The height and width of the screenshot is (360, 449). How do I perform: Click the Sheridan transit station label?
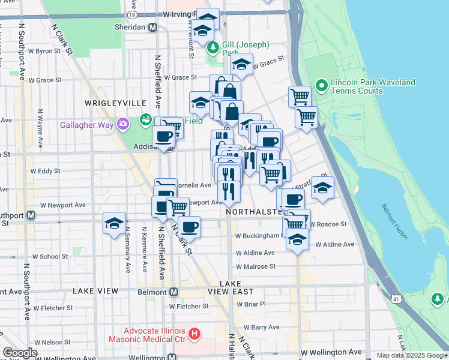130,27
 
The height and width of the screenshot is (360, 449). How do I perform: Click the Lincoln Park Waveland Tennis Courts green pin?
321,86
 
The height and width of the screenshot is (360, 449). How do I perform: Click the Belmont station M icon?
173,292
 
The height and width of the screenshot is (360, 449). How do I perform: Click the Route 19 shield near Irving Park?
131,13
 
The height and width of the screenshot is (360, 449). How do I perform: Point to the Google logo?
19,353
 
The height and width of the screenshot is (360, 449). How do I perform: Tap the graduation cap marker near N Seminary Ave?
114,223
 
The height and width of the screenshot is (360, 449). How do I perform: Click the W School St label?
50,256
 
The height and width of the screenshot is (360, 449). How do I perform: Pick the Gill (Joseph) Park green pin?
211,47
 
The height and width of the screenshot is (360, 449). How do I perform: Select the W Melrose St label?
256,266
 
